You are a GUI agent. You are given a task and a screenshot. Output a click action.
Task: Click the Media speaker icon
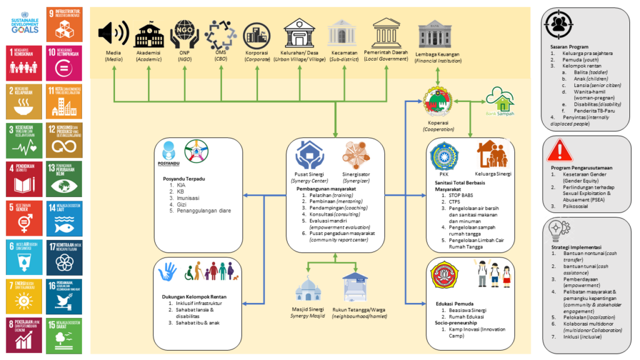click(x=113, y=33)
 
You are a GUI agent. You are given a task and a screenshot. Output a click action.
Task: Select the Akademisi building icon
click(x=148, y=35)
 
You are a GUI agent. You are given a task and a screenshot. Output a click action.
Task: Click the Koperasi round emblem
click(x=437, y=101)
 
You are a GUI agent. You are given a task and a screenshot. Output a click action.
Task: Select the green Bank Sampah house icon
click(x=499, y=99)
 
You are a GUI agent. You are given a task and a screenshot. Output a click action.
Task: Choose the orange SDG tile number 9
click(x=62, y=21)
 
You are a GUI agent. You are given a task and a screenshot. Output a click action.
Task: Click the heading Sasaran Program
click(x=569, y=46)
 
